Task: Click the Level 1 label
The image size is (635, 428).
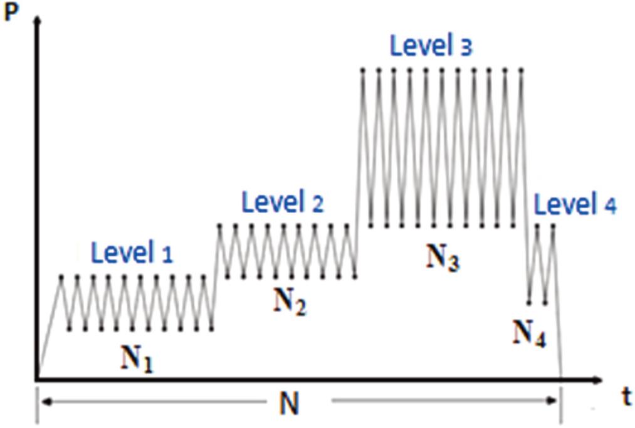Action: pyautogui.click(x=132, y=253)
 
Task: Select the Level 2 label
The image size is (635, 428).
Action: pyautogui.click(x=283, y=202)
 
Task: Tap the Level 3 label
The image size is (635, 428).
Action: pyautogui.click(x=431, y=45)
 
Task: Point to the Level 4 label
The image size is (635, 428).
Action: pyautogui.click(x=575, y=204)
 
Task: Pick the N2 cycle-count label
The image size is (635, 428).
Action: pyautogui.click(x=290, y=302)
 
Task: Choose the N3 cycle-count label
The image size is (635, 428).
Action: pyautogui.click(x=443, y=258)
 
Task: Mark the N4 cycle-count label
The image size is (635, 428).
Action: pyautogui.click(x=529, y=333)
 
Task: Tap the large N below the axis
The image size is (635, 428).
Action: pyautogui.click(x=290, y=404)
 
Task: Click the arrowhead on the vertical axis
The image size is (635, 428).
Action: pyautogui.click(x=37, y=19)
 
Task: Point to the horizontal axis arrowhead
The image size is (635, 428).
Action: pyautogui.click(x=598, y=380)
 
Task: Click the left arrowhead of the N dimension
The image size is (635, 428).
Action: pyautogui.click(x=46, y=401)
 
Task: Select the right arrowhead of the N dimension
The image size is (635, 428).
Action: pyautogui.click(x=552, y=401)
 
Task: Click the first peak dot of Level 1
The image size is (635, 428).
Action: pyautogui.click(x=61, y=277)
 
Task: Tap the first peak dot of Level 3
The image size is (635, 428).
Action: pyautogui.click(x=363, y=70)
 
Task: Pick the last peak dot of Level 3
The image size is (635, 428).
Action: pyautogui.click(x=522, y=70)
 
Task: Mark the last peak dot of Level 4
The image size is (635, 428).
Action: pyautogui.click(x=553, y=225)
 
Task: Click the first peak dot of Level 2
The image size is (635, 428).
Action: pyautogui.click(x=219, y=225)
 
